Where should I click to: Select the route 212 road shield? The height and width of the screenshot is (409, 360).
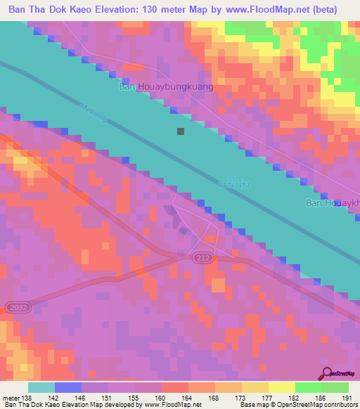[x=203, y=259]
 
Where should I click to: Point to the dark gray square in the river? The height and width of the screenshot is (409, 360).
[x=181, y=131]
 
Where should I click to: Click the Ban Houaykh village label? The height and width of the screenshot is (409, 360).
[x=331, y=204]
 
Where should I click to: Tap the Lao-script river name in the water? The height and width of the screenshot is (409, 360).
[x=234, y=183]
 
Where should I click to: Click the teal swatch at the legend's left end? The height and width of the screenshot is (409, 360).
[x=41, y=387]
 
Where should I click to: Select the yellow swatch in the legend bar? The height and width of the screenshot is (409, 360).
[x=281, y=387]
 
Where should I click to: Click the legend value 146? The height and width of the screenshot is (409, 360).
[x=82, y=398]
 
